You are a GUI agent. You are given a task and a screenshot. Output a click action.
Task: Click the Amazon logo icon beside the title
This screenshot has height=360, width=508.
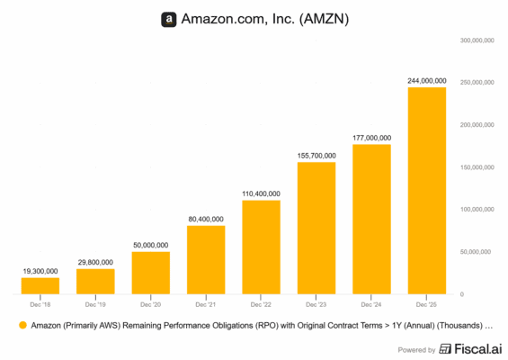pos(168,19)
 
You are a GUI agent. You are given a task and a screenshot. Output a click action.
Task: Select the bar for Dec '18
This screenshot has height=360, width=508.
pos(40,285)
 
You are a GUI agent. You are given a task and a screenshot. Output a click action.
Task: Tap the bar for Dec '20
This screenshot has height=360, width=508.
pos(150,273)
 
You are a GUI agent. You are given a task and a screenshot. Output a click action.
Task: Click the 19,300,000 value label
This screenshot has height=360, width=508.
pos(40,270)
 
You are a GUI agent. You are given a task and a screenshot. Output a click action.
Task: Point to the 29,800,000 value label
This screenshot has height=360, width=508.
pos(95,261)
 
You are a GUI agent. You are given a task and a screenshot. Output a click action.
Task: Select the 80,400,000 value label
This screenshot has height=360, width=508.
pos(206,218)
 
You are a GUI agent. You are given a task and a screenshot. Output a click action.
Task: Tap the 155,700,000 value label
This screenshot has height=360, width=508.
pos(316,155)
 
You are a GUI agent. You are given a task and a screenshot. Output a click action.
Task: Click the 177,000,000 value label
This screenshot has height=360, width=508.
pos(371,137)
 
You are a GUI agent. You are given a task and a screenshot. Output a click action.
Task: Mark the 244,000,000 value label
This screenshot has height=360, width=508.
pos(426,80)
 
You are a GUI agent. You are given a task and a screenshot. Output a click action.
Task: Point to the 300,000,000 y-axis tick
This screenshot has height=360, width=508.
pos(481,40)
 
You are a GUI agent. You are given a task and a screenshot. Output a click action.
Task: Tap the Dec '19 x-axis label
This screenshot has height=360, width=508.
pos(95,305)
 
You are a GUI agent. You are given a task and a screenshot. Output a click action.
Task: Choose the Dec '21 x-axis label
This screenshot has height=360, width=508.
pos(206,305)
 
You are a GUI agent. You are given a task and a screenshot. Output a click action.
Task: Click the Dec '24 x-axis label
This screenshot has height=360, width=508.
pos(371,305)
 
